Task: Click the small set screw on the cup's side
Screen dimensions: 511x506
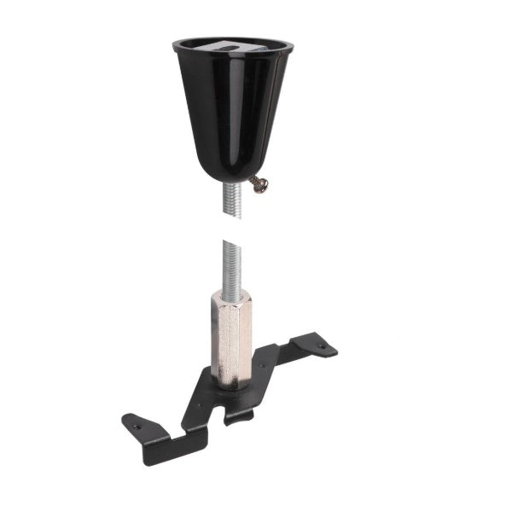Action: (x=259, y=183)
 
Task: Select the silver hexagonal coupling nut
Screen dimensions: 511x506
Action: (x=230, y=341)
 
